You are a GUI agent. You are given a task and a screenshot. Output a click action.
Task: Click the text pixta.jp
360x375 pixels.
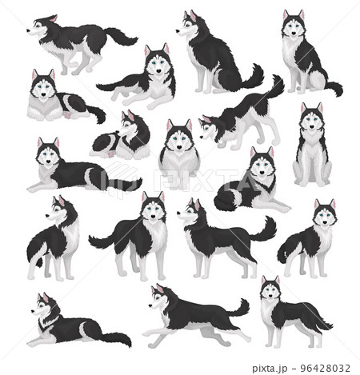pos(270,369)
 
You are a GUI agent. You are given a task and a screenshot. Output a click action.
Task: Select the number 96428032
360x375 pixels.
pos(325,368)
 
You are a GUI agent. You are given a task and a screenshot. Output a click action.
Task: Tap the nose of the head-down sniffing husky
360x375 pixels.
pos(202,138)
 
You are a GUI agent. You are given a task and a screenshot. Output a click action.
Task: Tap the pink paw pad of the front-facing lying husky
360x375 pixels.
pos(66,115)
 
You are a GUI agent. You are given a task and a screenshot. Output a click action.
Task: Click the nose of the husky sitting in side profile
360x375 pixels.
pos(178,31)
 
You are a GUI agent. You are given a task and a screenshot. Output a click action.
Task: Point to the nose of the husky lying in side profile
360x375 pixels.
pos(33,311)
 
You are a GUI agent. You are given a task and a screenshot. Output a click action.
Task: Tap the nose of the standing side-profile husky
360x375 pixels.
pos(178,213)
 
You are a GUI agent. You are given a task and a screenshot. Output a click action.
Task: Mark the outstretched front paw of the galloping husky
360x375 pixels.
pos(146,333)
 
